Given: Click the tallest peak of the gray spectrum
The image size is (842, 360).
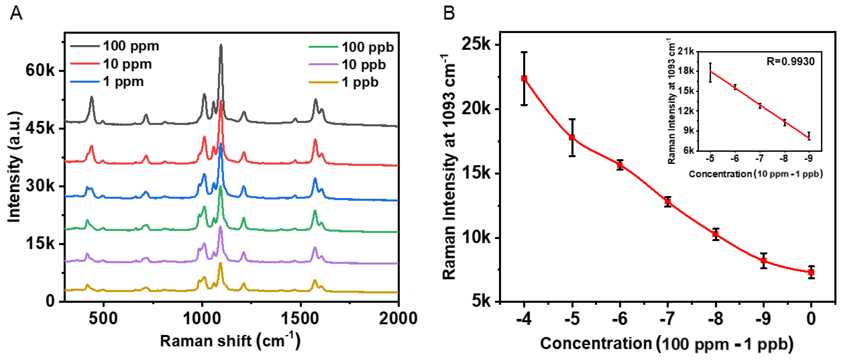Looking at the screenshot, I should (221, 46).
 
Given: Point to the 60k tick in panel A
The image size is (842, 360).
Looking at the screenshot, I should (40, 70).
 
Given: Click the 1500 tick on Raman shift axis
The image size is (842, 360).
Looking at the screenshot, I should (300, 318).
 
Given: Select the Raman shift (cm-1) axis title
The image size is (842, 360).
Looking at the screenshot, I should (230, 341).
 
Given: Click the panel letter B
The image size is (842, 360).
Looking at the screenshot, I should (449, 14).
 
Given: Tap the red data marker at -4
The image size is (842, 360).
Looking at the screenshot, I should (524, 78).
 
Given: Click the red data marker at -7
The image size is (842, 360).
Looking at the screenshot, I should (668, 202).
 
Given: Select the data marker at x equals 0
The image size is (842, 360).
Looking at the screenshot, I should (811, 272).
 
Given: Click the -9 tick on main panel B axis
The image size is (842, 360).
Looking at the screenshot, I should (764, 319).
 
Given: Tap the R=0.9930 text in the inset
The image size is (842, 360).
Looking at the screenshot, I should (790, 61).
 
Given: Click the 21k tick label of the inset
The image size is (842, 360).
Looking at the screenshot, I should (686, 51).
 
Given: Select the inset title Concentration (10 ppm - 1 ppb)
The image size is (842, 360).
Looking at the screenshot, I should (755, 174).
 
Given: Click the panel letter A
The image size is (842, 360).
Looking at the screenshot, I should (16, 14).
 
